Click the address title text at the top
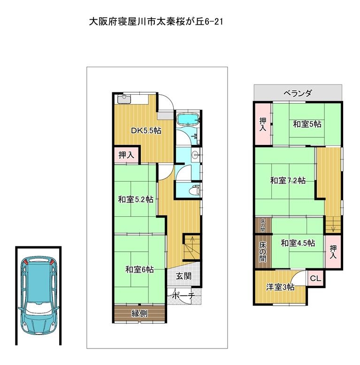(156, 22)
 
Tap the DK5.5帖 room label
(146, 130)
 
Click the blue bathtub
(187, 120)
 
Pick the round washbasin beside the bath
(195, 154)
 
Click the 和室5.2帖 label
(136, 199)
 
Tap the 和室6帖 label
(139, 270)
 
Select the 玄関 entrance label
(184, 276)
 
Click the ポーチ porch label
(183, 296)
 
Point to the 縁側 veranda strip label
(139, 313)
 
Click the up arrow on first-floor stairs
(192, 247)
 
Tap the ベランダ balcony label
(298, 93)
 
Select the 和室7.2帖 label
(288, 181)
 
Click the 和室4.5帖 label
(298, 243)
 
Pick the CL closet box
(315, 278)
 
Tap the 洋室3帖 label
(280, 287)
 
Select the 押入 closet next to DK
(126, 154)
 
